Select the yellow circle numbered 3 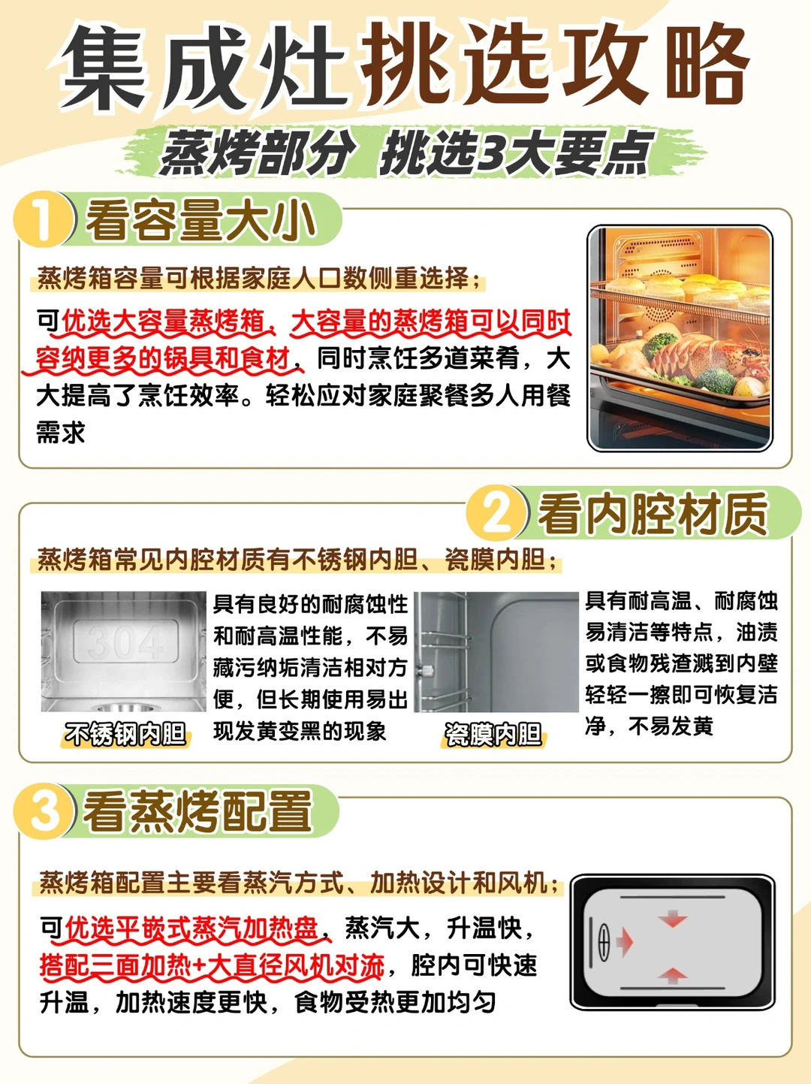pyautogui.click(x=44, y=811)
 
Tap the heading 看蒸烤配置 pyautogui.click(x=198, y=811)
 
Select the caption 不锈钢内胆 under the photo pyautogui.click(x=125, y=734)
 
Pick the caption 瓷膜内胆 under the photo pyautogui.click(x=493, y=734)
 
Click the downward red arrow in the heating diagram pyautogui.click(x=672, y=919)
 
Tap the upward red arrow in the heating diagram pyautogui.click(x=672, y=975)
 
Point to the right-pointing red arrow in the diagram pyautogui.click(x=626, y=942)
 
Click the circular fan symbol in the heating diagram pyautogui.click(x=604, y=941)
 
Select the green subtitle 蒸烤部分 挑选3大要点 pyautogui.click(x=405, y=153)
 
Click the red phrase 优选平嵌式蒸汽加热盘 pyautogui.click(x=191, y=928)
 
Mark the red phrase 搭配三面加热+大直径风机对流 pyautogui.click(x=213, y=965)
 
